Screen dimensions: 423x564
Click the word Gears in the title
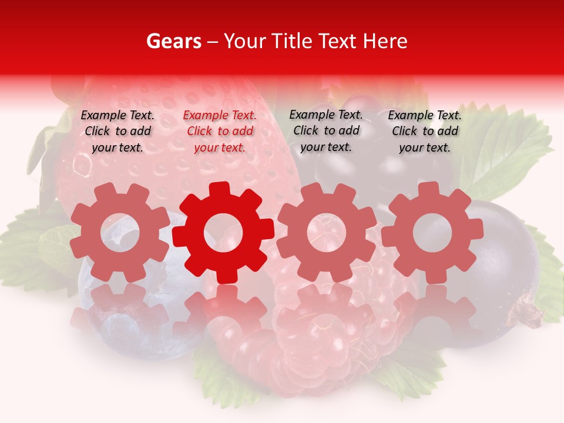tap(173, 41)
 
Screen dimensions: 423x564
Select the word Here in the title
tap(385, 41)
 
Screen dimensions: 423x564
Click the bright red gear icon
tap(223, 232)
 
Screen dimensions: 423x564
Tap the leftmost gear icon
tap(120, 232)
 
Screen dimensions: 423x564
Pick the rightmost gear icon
tap(432, 232)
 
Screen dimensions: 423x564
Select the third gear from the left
tap(327, 232)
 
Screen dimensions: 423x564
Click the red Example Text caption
tap(220, 132)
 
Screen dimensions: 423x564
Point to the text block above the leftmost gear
tap(117, 132)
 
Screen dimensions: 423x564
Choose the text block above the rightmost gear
tap(425, 132)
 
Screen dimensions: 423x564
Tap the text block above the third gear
tap(326, 130)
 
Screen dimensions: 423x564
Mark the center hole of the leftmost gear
tap(120, 232)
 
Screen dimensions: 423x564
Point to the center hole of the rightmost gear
tap(432, 232)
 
